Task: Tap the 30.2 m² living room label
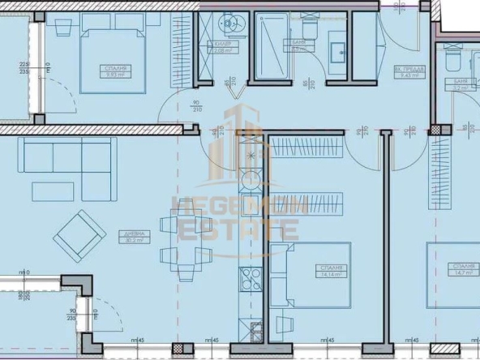134,237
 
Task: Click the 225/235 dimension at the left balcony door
24,68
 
